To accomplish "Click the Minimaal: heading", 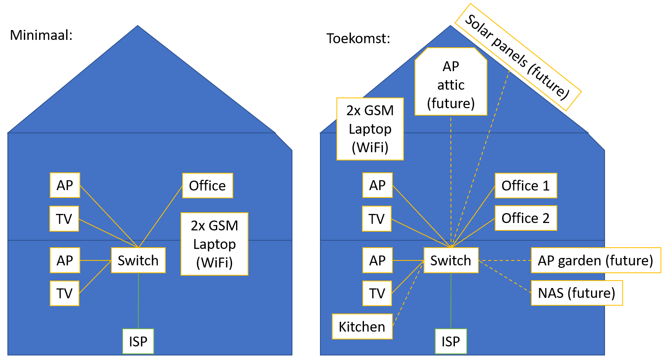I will pyautogui.click(x=41, y=35).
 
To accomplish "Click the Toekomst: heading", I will pyautogui.click(x=358, y=39).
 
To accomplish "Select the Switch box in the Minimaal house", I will pyautogui.click(x=138, y=260).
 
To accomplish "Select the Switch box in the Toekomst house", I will pyautogui.click(x=451, y=260).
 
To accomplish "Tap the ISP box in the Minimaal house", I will pyautogui.click(x=138, y=341).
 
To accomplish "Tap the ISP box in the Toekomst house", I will pyautogui.click(x=451, y=341).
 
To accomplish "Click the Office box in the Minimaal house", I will pyautogui.click(x=207, y=186).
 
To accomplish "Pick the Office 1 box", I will pyautogui.click(x=526, y=186).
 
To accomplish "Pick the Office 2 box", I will pyautogui.click(x=526, y=218).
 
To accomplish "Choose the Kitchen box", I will pyautogui.click(x=362, y=327).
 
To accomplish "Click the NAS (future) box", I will pyautogui.click(x=577, y=293).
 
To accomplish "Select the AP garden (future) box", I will pyautogui.click(x=596, y=260).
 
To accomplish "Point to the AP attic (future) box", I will pyautogui.click(x=451, y=85).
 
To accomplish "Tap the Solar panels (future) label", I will pyautogui.click(x=517, y=57).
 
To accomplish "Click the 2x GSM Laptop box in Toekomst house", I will pyautogui.click(x=370, y=129).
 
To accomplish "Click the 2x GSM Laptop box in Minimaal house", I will pyautogui.click(x=214, y=244).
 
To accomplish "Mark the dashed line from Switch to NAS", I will pyautogui.click(x=505, y=276).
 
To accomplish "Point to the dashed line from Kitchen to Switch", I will pyautogui.click(x=408, y=293).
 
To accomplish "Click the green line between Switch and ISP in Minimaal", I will pyautogui.click(x=138, y=300).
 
